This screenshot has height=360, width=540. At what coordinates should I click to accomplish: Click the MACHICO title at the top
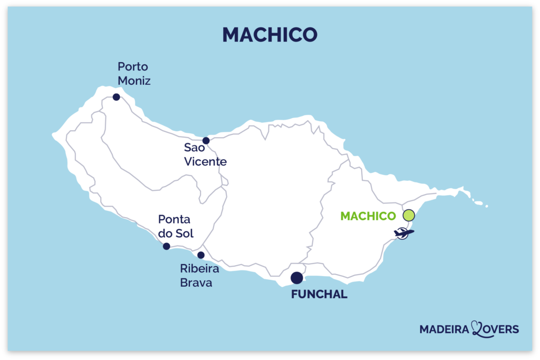[269, 34]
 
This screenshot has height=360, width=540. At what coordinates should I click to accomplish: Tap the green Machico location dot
[409, 215]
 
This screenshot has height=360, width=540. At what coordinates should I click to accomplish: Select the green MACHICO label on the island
[368, 216]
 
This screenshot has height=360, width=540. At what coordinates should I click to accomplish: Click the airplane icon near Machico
[403, 233]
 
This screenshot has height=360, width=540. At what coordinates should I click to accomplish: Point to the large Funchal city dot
[297, 278]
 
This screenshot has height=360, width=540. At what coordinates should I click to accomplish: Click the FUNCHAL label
[319, 295]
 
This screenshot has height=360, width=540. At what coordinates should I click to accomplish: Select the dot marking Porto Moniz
[116, 97]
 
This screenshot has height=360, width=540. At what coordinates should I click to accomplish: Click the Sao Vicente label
[205, 154]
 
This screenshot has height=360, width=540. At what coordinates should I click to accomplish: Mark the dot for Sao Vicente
[206, 140]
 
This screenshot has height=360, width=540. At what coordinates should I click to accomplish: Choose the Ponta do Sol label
[176, 226]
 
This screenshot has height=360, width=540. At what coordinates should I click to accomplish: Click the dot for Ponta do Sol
[167, 246]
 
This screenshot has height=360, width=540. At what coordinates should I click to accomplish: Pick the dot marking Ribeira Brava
[200, 255]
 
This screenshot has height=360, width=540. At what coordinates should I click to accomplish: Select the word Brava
[196, 283]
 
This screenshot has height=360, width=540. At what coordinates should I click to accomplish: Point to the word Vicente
[205, 162]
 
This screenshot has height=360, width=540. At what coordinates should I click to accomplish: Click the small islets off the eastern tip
[479, 203]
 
